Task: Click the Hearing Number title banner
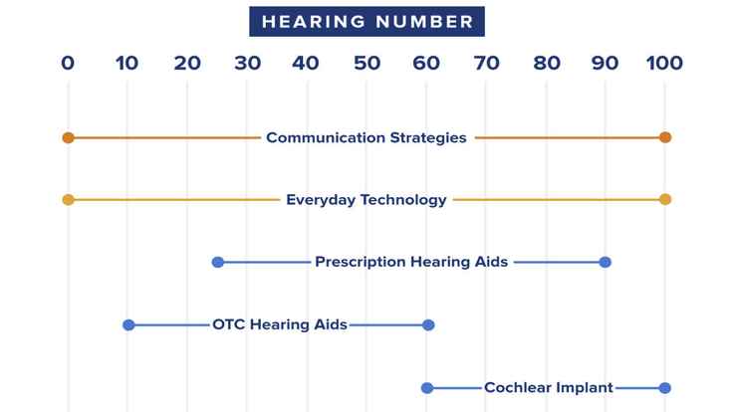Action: pos(366,21)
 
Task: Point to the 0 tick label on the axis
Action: pos(68,64)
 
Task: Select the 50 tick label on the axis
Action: pos(366,64)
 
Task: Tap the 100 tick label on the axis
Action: pos(664,64)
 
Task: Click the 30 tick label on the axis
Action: pos(247,64)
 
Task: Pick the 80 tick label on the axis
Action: pos(546,64)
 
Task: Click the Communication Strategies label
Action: pos(366,137)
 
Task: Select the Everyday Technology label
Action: pos(366,200)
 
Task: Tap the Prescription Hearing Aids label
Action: pos(411,262)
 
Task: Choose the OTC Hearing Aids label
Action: pos(280,324)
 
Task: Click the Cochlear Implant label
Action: pos(548,387)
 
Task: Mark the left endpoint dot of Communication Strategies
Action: pos(68,137)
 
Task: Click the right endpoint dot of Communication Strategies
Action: pos(665,137)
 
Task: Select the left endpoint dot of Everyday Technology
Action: pos(68,200)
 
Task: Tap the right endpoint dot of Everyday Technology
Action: pos(665,200)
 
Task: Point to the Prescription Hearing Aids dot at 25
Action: pos(218,262)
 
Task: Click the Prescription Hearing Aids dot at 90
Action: pos(606,262)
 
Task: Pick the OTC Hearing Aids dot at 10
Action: pos(128,324)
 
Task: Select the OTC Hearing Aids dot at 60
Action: pos(428,324)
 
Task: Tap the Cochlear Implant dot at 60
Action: pos(427,387)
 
